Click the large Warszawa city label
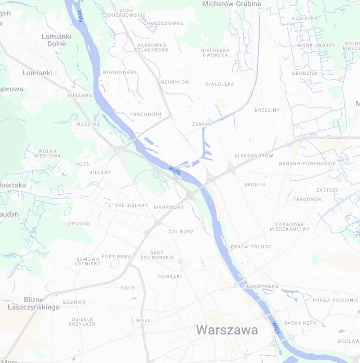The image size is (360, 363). click(226, 330)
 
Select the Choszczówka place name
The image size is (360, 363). click(164, 23)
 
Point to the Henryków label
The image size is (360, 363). click(175, 82)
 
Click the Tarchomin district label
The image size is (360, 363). click(145, 114)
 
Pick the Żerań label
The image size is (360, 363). click(201, 124)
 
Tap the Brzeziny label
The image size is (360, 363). click(267, 110)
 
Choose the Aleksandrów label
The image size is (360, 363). click(254, 156)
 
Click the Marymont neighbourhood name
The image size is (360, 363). click(169, 207)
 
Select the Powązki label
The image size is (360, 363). click(169, 276)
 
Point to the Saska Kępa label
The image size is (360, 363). click(300, 323)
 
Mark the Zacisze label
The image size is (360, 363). click(327, 190)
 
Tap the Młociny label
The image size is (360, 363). click(88, 125)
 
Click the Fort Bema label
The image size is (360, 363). click(116, 257)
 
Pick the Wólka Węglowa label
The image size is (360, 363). click(48, 153)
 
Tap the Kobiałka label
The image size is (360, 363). click(305, 18)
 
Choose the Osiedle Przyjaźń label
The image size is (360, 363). click(83, 321)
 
